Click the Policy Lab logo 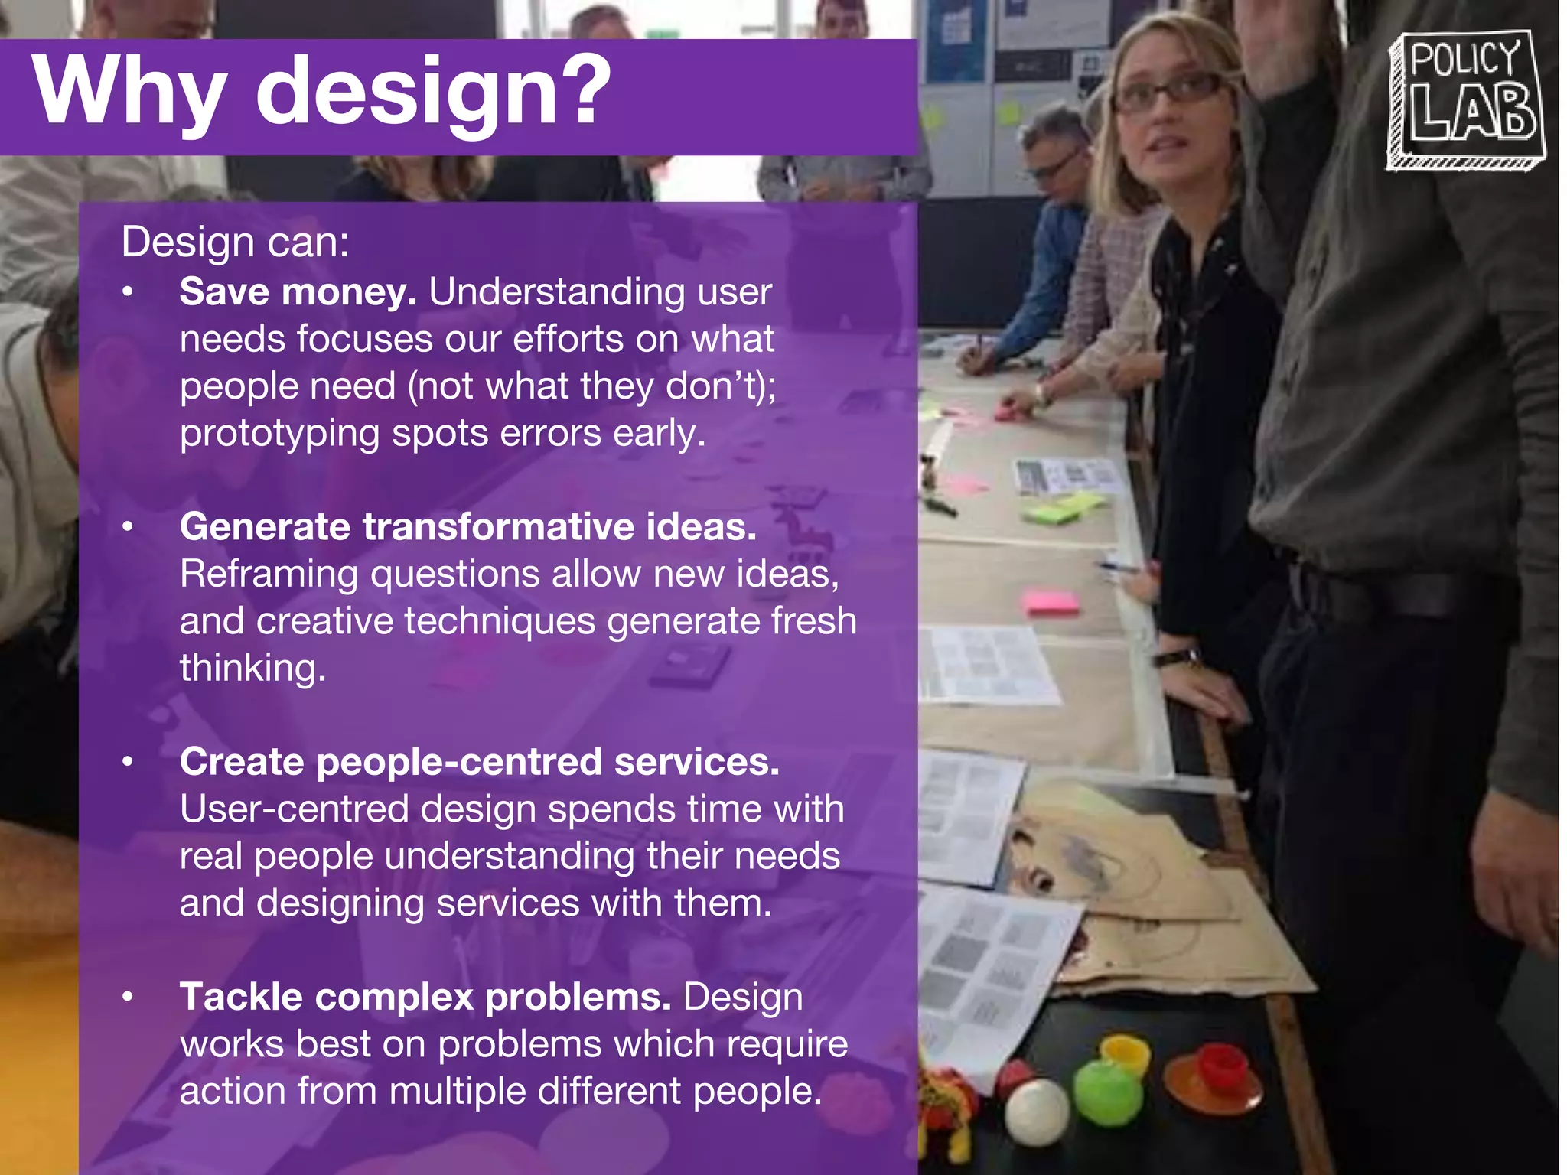tap(1465, 99)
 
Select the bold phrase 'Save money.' tap(298, 292)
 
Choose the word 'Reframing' tap(269, 574)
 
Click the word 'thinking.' tap(252, 669)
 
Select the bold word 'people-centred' tap(459, 763)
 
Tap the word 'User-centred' tap(294, 809)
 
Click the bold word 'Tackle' tap(241, 997)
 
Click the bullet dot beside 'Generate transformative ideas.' tap(128, 527)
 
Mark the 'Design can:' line tap(235, 242)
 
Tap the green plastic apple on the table tap(1106, 1090)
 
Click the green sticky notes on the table tap(1064, 508)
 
